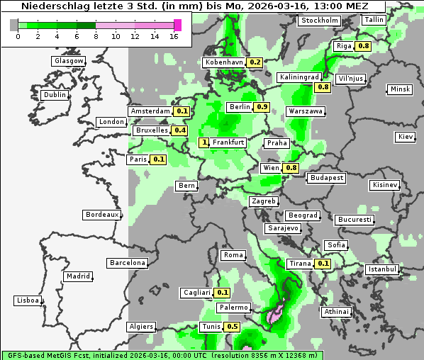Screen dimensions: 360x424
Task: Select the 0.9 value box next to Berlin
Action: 262,107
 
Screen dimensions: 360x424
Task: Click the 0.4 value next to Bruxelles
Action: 180,130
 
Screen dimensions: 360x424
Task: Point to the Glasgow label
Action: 69,61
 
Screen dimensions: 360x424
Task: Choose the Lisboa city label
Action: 27,300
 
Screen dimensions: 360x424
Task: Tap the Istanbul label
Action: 382,269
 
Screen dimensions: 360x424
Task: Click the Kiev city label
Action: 406,136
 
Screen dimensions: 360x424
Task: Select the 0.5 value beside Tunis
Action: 232,327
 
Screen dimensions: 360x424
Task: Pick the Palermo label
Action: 233,308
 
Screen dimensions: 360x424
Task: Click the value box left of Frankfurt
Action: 205,142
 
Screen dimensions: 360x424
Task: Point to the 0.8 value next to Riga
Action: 364,46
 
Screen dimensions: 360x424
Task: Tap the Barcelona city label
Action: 128,263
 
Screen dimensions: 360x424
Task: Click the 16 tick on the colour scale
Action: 174,36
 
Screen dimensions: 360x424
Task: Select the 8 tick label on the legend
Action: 95,36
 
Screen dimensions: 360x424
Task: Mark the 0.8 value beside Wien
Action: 291,168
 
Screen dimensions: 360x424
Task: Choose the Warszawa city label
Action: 306,111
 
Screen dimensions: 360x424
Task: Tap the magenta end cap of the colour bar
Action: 177,25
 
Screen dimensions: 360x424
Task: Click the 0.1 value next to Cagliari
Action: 223,293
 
